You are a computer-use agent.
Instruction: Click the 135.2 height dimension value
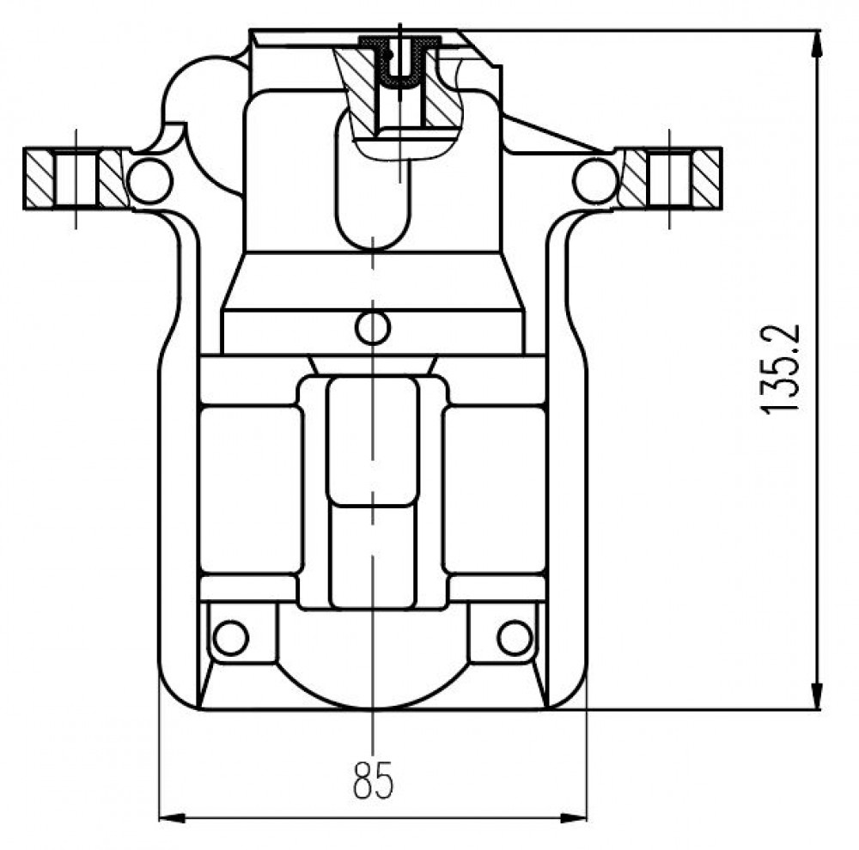tap(780, 369)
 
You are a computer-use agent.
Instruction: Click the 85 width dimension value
tap(373, 780)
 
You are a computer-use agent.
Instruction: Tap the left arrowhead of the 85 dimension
tap(172, 818)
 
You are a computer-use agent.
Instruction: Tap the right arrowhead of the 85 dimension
tap(573, 818)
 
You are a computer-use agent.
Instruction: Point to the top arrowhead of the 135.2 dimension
tap(817, 44)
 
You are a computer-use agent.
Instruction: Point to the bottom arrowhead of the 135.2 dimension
tap(817, 695)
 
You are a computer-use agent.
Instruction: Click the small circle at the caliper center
tap(373, 327)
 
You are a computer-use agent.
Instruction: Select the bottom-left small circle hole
tap(230, 637)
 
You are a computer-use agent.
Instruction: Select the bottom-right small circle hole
tap(515, 637)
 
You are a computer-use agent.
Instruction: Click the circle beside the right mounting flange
tap(596, 180)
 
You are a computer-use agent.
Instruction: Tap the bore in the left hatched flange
tap(76, 179)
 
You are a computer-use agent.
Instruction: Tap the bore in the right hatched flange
tap(669, 179)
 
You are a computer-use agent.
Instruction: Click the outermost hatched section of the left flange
tap(40, 179)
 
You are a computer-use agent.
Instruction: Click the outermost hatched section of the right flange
tap(706, 179)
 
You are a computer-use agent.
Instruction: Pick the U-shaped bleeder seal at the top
tap(400, 61)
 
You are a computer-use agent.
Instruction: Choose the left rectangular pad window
tap(251, 489)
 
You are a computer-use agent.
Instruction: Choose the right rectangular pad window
tap(495, 489)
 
